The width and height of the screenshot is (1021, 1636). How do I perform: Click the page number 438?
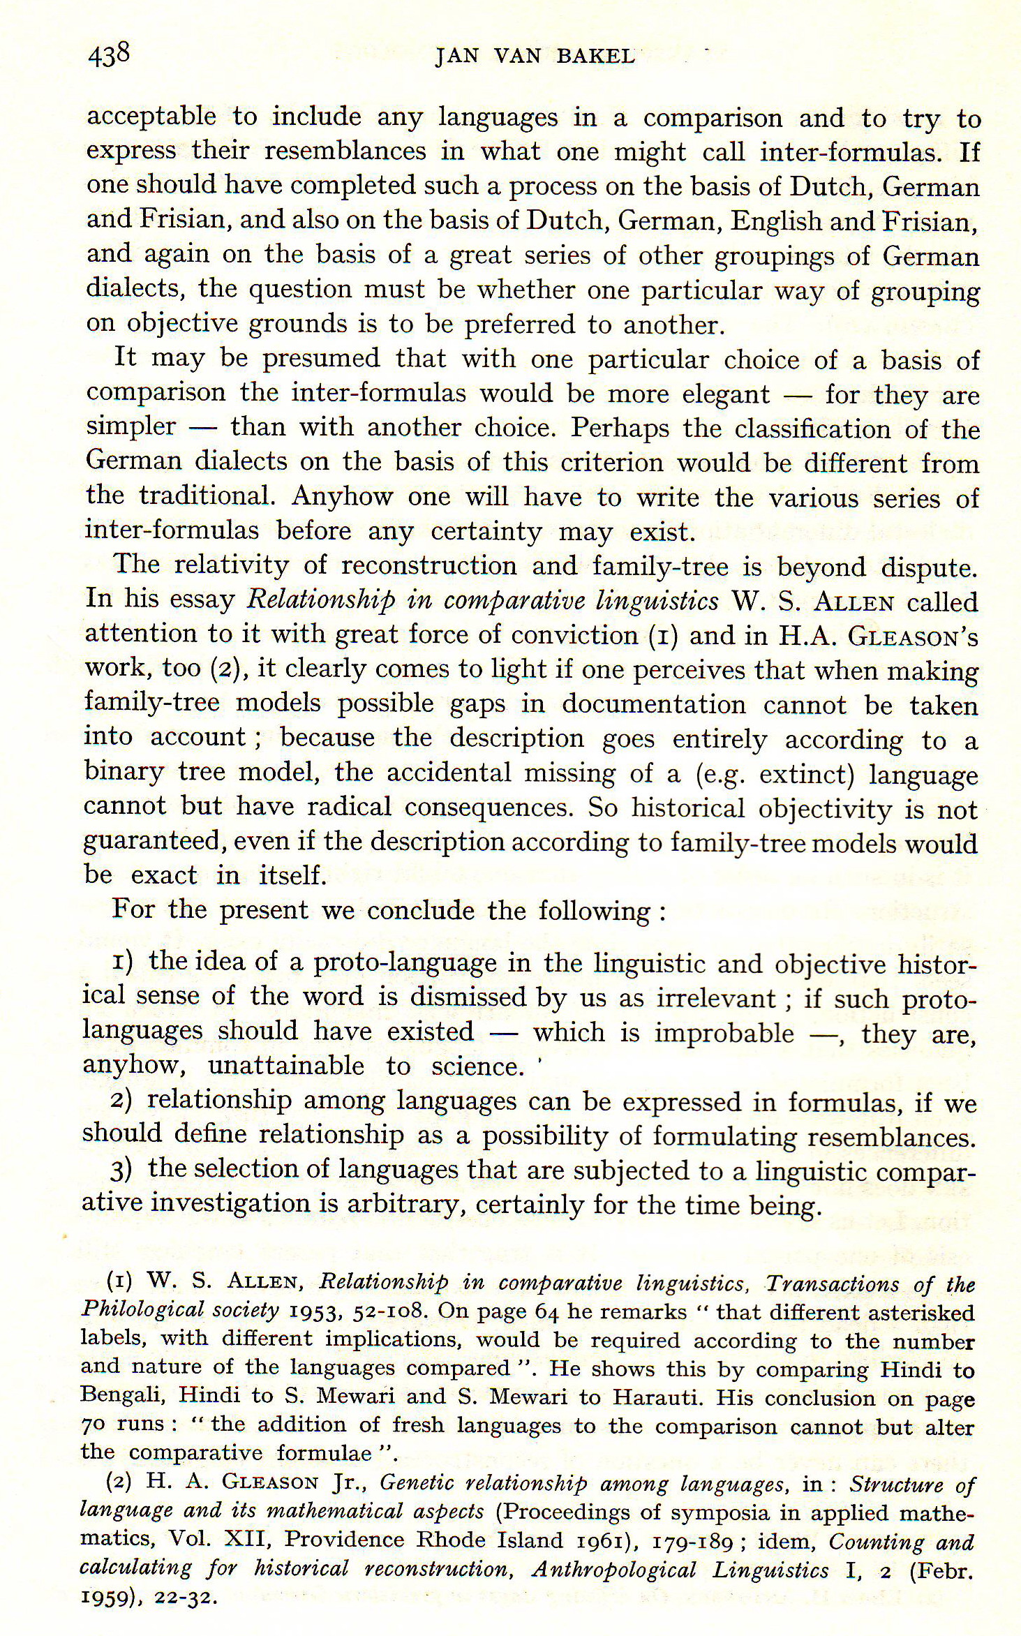pos(109,54)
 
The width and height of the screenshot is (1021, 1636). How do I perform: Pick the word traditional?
pos(204,496)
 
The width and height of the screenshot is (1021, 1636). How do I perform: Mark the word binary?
pos(124,772)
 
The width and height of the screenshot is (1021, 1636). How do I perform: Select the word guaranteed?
pos(152,841)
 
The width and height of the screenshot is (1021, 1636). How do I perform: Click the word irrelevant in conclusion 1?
pos(716,999)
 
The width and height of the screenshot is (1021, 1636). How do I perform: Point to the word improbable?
pos(724,1033)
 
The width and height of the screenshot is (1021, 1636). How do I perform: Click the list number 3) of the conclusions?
pos(121,1170)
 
